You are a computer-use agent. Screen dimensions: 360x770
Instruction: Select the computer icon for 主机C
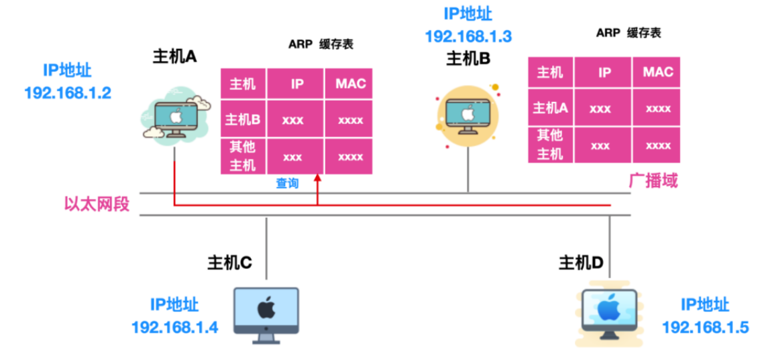click(266, 313)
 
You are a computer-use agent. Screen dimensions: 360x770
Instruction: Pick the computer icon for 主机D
click(609, 313)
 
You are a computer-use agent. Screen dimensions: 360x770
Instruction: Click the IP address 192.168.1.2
click(67, 93)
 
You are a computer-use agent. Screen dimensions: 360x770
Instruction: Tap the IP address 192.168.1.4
click(174, 327)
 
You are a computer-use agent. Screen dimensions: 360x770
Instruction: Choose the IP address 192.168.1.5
click(705, 327)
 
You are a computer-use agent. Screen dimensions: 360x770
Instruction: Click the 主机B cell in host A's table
click(243, 120)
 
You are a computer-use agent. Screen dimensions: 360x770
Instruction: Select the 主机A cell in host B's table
click(550, 108)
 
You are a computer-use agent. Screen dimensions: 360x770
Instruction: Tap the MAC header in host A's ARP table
click(351, 84)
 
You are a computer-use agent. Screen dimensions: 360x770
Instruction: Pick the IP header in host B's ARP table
click(604, 72)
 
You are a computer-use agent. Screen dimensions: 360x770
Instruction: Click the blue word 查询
click(287, 183)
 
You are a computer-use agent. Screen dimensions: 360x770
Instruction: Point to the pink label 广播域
click(653, 181)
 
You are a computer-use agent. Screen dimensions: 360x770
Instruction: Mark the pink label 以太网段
click(96, 204)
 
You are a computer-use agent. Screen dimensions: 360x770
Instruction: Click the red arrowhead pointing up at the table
click(319, 180)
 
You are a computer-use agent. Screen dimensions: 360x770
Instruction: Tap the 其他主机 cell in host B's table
click(550, 144)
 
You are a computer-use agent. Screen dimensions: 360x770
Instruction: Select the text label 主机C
click(229, 263)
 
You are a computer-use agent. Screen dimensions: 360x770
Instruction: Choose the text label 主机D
click(581, 263)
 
